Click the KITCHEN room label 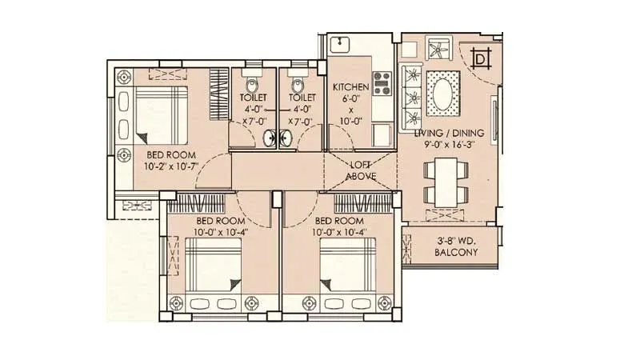350,86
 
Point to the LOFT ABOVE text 361,170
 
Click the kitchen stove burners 382,82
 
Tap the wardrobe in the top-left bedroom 218,92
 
